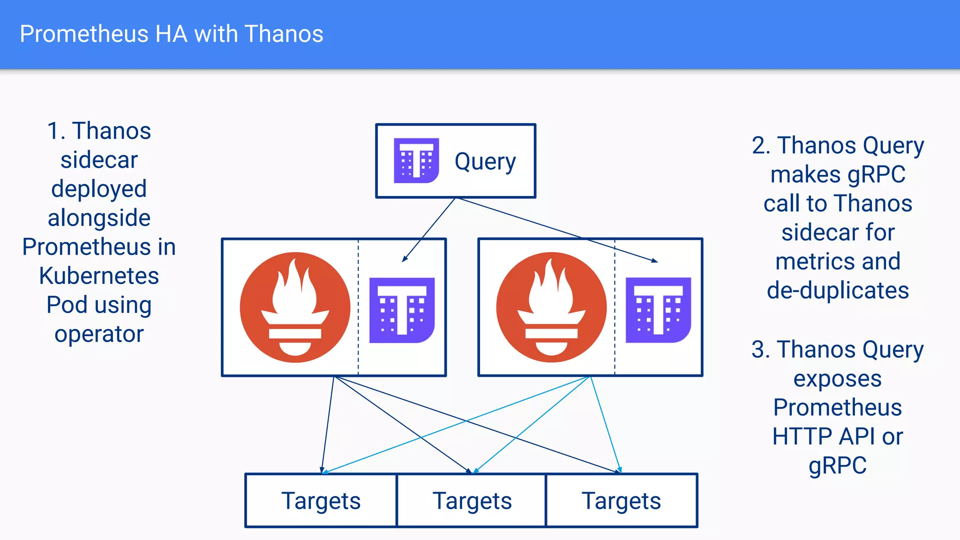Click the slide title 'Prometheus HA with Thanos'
[172, 34]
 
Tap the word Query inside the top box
[485, 162]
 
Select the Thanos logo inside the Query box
[416, 161]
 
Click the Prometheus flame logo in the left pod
[295, 307]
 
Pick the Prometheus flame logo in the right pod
[551, 307]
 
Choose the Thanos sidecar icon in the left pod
[402, 310]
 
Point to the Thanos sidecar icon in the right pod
[658, 310]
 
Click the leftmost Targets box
[321, 501]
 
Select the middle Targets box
[472, 501]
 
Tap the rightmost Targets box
[622, 501]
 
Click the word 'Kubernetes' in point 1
[99, 276]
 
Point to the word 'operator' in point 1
[99, 334]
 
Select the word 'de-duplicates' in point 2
[838, 290]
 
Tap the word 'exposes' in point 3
[837, 378]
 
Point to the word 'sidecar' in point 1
[99, 160]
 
